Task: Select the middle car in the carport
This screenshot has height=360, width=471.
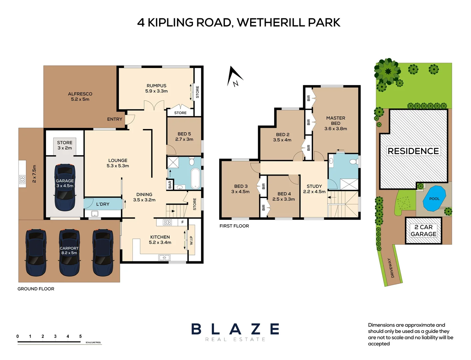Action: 69,252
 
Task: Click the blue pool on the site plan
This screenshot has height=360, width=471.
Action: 434,198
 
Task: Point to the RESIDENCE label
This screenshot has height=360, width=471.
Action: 413,151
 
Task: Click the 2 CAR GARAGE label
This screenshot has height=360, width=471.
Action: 423,231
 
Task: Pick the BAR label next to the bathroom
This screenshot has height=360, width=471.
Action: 170,185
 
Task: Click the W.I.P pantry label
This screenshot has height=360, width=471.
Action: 191,240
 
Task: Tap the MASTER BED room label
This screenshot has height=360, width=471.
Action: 335,123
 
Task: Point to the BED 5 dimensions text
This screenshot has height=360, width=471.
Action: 184,139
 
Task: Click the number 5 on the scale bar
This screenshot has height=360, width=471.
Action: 80,336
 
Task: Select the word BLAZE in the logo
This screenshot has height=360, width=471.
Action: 235,329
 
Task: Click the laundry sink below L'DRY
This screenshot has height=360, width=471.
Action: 95,214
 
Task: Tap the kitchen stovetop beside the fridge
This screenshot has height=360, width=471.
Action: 167,222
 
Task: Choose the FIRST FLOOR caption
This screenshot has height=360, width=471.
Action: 234,226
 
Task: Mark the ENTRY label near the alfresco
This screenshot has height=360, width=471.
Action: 115,119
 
